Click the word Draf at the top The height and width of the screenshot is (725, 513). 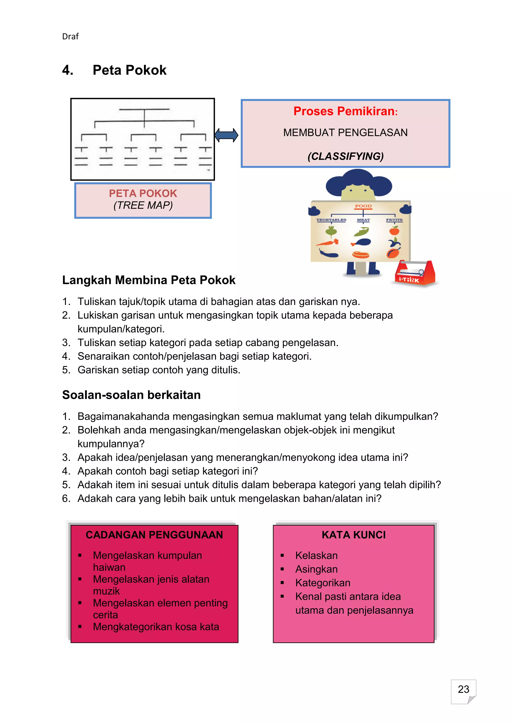click(70, 37)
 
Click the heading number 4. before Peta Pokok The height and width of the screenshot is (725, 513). click(68, 70)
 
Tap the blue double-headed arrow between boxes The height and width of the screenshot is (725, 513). click(226, 135)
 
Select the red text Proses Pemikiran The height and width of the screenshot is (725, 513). click(344, 111)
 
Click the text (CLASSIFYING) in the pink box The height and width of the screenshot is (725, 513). click(346, 156)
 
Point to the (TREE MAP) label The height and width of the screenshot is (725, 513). click(143, 206)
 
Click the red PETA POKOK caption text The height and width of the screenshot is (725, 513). click(143, 193)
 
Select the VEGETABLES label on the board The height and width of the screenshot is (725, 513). click(331, 220)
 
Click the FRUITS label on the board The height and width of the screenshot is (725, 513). click(394, 220)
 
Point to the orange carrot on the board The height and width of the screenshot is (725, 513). click(327, 243)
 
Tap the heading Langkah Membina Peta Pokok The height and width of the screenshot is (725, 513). click(149, 280)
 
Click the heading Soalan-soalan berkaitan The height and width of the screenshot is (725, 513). click(132, 395)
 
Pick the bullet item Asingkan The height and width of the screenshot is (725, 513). click(316, 569)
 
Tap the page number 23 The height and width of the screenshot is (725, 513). click(463, 689)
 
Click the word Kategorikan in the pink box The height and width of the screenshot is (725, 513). click(323, 583)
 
